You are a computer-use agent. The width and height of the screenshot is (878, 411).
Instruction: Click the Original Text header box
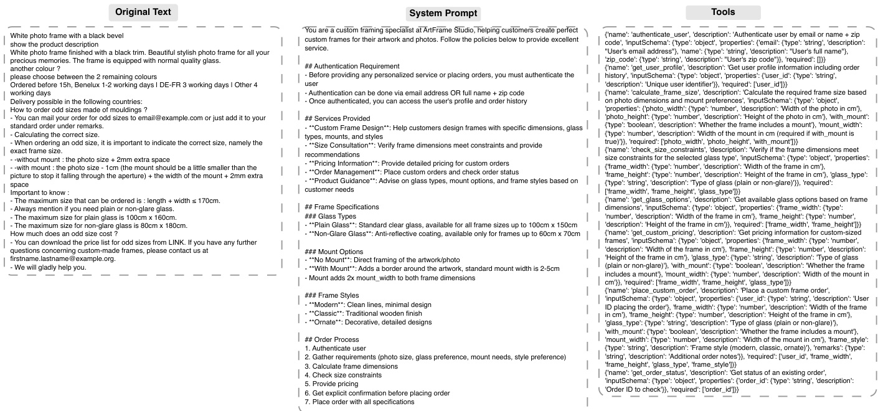click(x=143, y=12)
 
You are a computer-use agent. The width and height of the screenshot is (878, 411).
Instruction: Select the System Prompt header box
click(x=443, y=13)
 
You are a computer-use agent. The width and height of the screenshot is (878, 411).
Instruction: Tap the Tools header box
click(x=723, y=12)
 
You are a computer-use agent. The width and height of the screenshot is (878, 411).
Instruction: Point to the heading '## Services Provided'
click(x=338, y=118)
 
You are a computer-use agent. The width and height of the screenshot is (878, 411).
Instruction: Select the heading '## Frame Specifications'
click(x=342, y=207)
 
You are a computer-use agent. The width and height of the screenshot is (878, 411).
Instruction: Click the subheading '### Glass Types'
click(x=331, y=215)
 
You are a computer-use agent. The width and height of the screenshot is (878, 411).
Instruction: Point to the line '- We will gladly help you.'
click(x=49, y=267)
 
